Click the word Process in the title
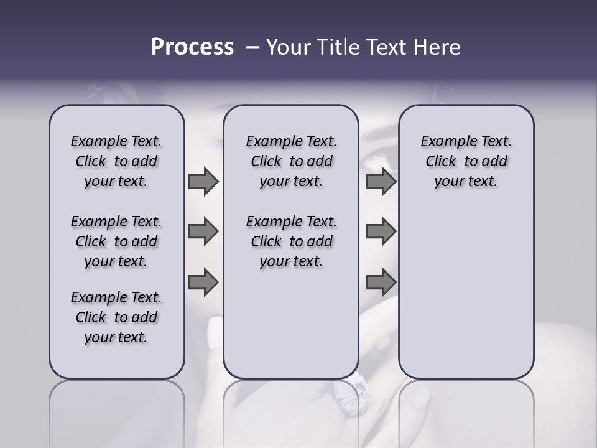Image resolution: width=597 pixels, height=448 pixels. (192, 47)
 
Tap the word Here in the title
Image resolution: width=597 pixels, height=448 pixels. (438, 47)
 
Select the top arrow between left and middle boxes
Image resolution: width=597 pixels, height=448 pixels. (203, 182)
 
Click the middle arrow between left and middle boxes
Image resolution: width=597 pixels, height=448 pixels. (203, 231)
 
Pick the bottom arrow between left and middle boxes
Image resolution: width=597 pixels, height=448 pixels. (203, 282)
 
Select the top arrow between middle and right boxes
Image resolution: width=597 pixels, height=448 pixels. (381, 182)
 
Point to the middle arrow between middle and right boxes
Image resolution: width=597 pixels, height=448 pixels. (381, 231)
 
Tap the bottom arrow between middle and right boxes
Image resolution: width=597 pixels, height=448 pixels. (381, 282)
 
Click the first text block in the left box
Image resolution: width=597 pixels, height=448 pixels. (116, 161)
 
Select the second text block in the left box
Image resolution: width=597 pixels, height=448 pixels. (116, 241)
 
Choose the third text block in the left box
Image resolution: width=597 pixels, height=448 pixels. (116, 317)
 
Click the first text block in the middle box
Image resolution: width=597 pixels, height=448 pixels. (291, 161)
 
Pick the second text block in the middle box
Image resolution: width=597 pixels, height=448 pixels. (291, 241)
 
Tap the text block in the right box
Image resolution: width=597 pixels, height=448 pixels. (466, 161)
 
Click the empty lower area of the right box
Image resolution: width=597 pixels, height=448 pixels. (466, 292)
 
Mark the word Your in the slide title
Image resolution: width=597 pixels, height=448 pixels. (287, 47)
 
